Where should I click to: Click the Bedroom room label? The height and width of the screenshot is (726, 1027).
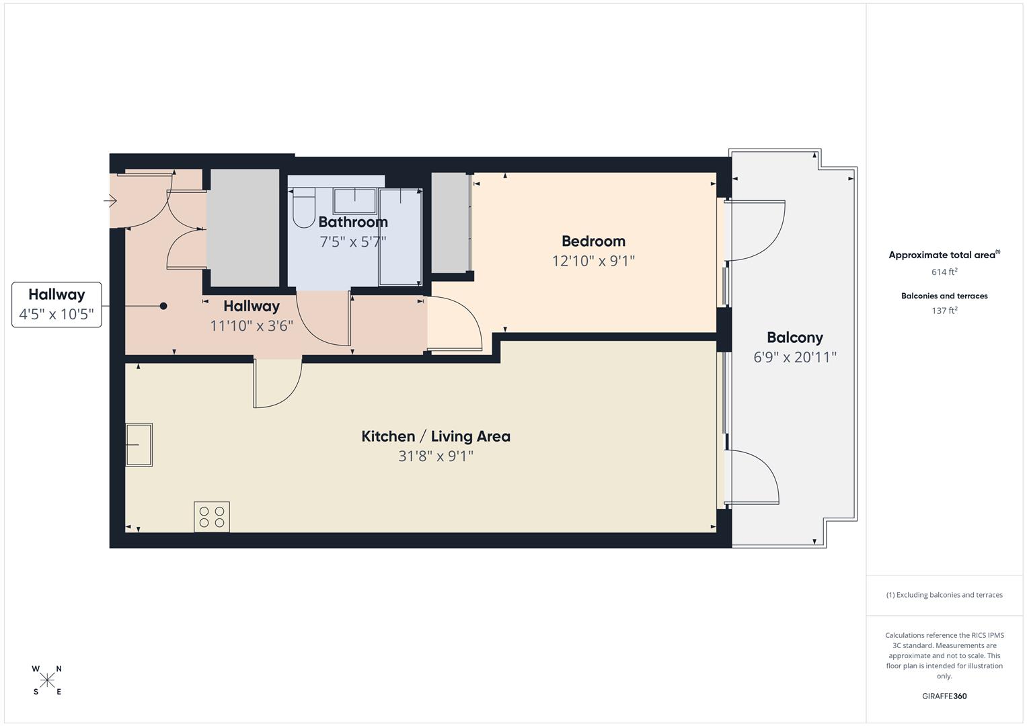click(593, 241)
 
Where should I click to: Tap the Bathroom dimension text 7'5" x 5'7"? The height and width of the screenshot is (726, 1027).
click(353, 242)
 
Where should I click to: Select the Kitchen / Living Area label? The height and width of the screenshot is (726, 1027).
click(436, 436)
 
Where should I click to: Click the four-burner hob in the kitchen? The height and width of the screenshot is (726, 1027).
click(212, 517)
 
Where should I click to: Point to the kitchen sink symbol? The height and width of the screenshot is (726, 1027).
click(139, 444)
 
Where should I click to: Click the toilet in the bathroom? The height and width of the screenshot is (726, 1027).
click(304, 206)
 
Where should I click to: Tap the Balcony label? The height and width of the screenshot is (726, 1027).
click(794, 337)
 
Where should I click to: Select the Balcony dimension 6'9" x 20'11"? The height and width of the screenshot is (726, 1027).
click(794, 357)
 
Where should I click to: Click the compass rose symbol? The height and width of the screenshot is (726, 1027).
click(47, 680)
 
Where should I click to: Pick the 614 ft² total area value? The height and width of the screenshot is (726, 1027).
click(944, 272)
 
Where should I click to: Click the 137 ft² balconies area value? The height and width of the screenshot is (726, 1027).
click(944, 311)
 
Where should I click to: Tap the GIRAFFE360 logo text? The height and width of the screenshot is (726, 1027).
click(944, 696)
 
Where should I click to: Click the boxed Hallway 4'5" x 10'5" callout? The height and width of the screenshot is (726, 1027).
click(56, 305)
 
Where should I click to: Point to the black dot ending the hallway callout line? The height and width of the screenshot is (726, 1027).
click(163, 306)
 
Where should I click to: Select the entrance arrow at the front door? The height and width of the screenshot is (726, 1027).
click(111, 200)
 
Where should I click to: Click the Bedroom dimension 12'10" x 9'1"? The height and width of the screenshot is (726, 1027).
click(593, 261)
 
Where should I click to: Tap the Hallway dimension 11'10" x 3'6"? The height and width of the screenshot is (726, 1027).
click(252, 326)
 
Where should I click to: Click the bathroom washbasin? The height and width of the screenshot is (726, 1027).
click(355, 200)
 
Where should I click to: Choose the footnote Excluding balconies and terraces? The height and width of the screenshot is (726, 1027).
click(944, 595)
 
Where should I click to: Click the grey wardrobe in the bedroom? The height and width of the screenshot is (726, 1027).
click(449, 223)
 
